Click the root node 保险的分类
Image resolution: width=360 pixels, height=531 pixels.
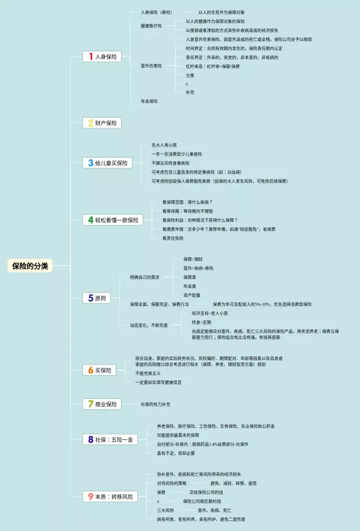pos(31,265)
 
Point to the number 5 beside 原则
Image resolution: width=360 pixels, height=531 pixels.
pos(90,298)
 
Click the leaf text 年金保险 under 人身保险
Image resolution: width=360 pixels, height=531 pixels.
pos(149,101)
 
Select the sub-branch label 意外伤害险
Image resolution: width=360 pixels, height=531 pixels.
pos(151,66)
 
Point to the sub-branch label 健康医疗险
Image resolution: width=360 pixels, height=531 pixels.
pos(151,26)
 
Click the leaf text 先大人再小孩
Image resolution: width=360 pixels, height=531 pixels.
pos(163,145)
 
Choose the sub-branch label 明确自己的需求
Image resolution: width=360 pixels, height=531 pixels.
pos(145,277)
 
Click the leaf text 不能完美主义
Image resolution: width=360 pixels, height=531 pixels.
pos(148,373)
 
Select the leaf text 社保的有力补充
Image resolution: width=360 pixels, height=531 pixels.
pos(155,404)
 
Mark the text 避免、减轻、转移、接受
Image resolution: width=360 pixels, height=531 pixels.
pos(233,483)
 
